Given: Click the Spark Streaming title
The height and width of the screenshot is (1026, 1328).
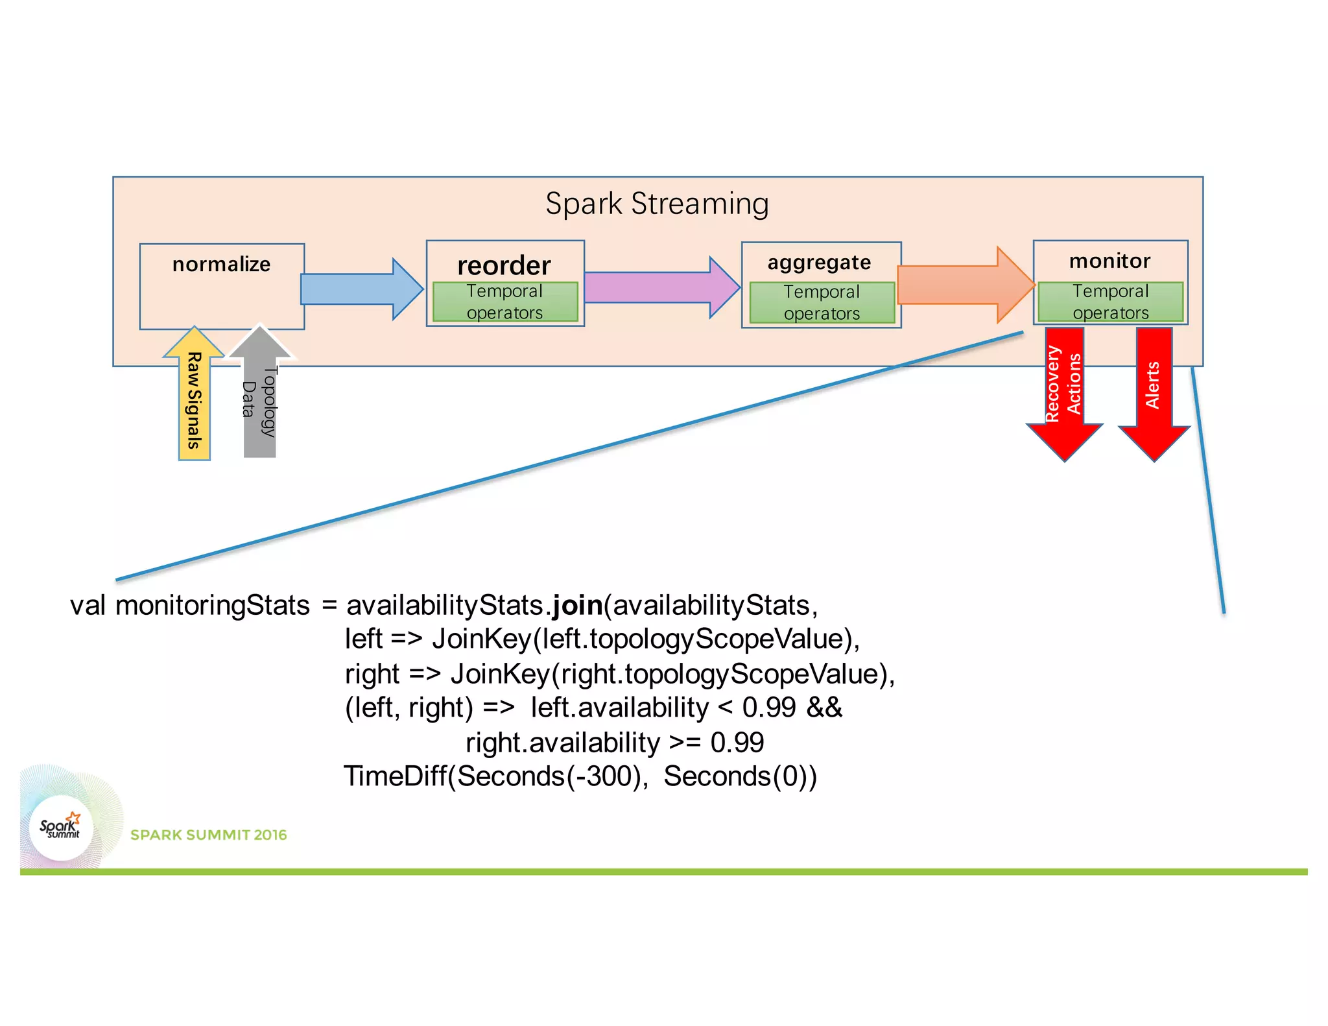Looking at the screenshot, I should pos(657,204).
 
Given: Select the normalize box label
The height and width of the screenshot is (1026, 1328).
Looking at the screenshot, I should pos(221,264).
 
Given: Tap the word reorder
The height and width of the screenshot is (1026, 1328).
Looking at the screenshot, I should pos(504,265).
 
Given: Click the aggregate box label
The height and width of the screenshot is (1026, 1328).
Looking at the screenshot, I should pos(819,263).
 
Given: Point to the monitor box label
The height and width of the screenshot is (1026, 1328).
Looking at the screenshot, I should pos(1109,261).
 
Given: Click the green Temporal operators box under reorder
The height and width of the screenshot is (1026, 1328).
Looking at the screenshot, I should pos(504,302).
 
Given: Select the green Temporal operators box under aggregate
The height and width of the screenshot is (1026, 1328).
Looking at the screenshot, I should pos(822,302).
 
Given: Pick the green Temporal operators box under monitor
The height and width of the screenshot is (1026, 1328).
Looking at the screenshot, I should pos(1110,302).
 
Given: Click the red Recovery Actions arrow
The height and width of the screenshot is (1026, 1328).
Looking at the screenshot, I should pos(1064,389).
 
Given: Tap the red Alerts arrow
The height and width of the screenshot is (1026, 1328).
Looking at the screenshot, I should pos(1154,389).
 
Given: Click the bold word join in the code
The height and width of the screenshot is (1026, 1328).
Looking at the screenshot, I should pos(577,605).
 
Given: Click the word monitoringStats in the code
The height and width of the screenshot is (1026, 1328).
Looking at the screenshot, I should pos(213,605).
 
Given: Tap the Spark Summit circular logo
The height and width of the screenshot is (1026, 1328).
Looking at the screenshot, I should pos(61,828).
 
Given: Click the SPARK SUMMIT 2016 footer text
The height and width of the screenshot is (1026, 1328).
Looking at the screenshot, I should pos(208,835).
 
